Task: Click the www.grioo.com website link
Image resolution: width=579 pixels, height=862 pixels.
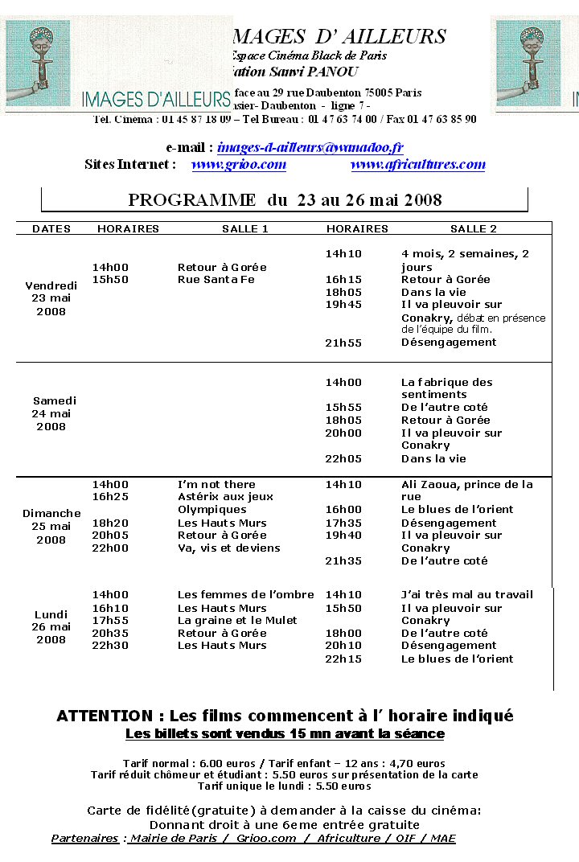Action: [x=239, y=165]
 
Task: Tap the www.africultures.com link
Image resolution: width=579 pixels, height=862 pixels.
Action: [x=418, y=165]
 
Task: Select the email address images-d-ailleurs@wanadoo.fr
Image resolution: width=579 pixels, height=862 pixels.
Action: [x=310, y=148]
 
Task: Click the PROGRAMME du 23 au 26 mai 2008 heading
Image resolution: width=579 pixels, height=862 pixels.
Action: [x=285, y=199]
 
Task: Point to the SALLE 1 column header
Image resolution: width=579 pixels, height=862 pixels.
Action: [x=245, y=229]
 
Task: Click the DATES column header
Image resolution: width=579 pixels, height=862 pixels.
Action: [x=51, y=229]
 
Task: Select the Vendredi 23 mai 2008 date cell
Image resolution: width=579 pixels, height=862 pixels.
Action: [x=51, y=298]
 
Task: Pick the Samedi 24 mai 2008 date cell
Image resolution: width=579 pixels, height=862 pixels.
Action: [x=55, y=413]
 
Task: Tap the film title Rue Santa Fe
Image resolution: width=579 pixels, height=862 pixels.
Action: [x=216, y=280]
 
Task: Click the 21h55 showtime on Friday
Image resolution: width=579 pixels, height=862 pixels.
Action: [x=343, y=343]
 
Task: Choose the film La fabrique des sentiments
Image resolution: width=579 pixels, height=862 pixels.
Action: [x=446, y=388]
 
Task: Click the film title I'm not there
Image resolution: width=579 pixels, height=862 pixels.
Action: [x=216, y=485]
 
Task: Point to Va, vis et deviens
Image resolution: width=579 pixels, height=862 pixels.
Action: [x=228, y=548]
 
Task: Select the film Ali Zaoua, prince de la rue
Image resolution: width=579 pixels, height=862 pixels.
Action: [x=466, y=491]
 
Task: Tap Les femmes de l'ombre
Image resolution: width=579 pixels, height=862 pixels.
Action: [x=245, y=595]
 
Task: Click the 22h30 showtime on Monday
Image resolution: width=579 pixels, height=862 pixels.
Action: [x=110, y=646]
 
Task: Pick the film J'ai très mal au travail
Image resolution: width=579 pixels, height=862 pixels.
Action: [x=466, y=595]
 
